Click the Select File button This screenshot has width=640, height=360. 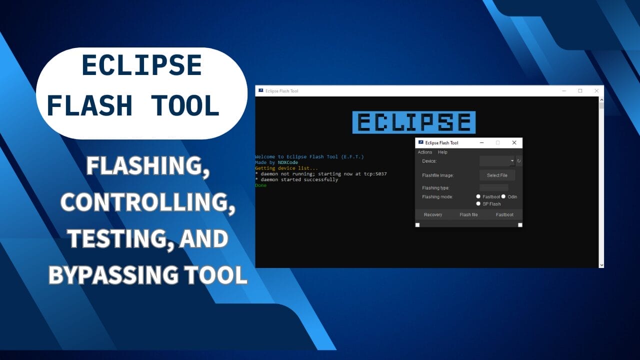pyautogui.click(x=497, y=175)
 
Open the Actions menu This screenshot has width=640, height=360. pyautogui.click(x=425, y=152)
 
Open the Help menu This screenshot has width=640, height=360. pyautogui.click(x=442, y=152)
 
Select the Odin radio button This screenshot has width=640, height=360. pyautogui.click(x=503, y=197)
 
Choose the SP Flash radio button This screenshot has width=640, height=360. pyautogui.click(x=478, y=204)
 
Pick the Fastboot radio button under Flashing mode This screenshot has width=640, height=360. pyautogui.click(x=478, y=197)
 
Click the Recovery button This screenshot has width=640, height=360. pyautogui.click(x=433, y=214)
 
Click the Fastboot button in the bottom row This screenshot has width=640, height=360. pyautogui.click(x=504, y=214)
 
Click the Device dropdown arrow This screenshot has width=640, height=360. pyautogui.click(x=512, y=161)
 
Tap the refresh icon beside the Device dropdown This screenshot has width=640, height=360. pyautogui.click(x=519, y=161)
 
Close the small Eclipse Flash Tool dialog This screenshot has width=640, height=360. pyautogui.click(x=514, y=142)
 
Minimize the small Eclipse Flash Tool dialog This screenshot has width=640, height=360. pyautogui.click(x=481, y=142)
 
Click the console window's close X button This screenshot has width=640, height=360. pyautogui.click(x=596, y=91)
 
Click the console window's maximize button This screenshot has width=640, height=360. pyautogui.click(x=580, y=91)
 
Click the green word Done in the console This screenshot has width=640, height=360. pyautogui.click(x=261, y=185)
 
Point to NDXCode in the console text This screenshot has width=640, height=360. pyautogui.click(x=288, y=162)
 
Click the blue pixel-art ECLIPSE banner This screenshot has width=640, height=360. pyautogui.click(x=414, y=122)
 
